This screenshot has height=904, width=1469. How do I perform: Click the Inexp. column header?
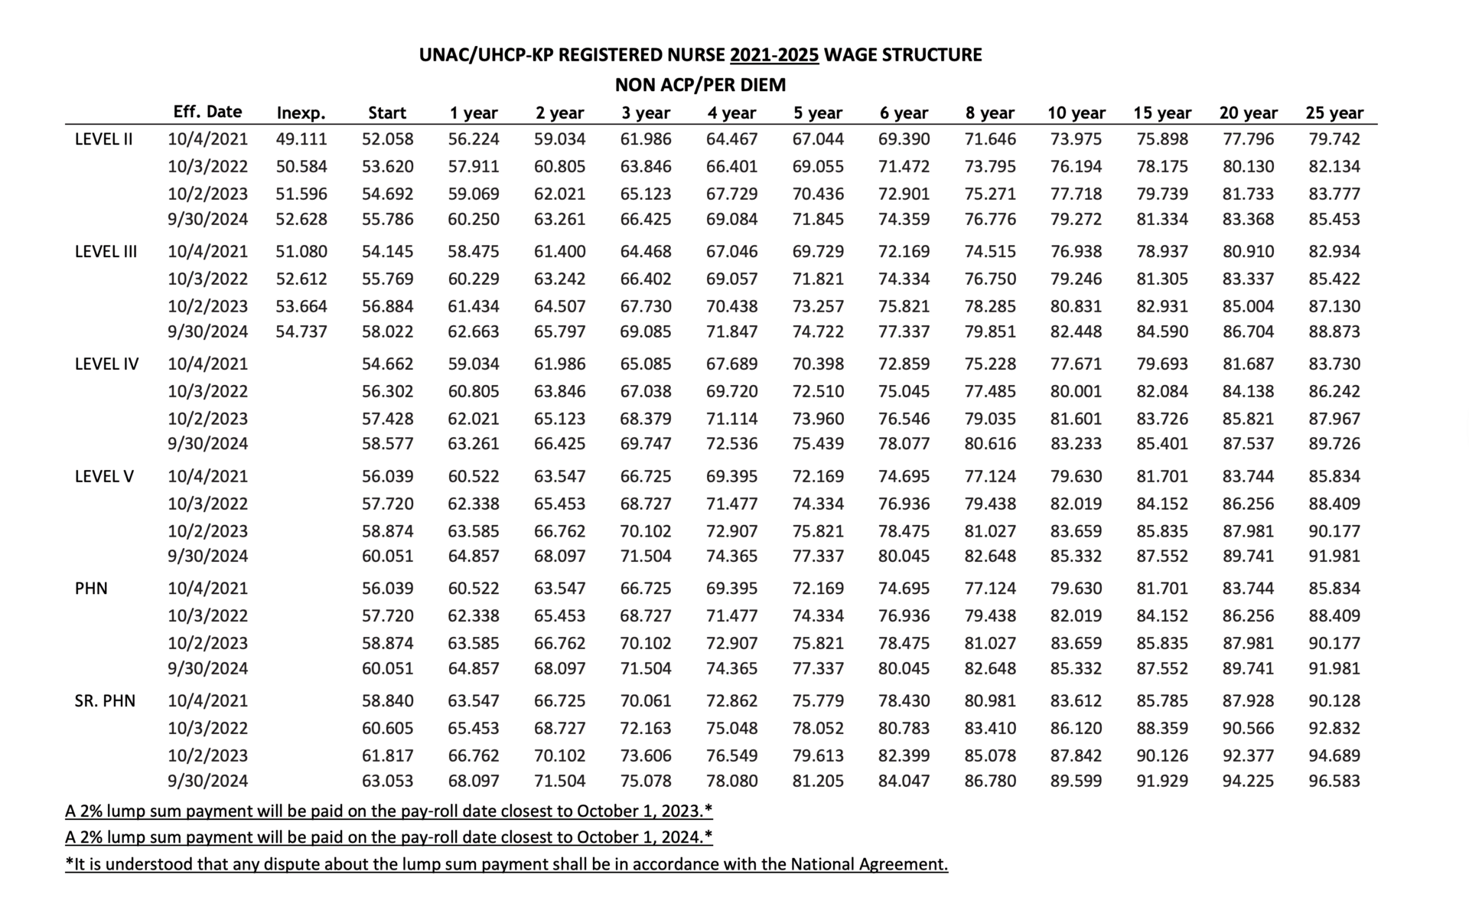(301, 113)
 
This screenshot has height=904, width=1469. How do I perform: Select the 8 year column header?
(989, 113)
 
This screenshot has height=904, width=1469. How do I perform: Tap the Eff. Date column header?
(207, 112)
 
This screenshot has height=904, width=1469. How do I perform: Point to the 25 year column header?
(1334, 113)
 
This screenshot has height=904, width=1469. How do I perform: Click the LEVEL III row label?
(106, 252)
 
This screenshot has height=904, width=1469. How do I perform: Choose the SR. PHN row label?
(105, 701)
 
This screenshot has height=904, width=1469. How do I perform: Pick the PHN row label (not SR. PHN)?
(91, 589)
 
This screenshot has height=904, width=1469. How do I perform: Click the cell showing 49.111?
(301, 139)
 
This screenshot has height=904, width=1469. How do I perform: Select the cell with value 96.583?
(1334, 782)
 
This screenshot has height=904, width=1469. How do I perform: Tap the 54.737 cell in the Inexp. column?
(301, 332)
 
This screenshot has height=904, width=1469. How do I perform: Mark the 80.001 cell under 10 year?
(1076, 392)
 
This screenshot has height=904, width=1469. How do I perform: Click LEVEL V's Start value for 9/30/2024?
(387, 556)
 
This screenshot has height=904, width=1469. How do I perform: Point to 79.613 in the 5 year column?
(818, 756)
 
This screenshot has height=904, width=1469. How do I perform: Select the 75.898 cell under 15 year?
(1161, 139)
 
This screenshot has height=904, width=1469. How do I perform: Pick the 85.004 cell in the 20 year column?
(1248, 307)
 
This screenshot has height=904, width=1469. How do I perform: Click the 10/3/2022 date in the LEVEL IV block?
(207, 392)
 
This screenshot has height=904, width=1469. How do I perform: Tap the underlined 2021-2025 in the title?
(774, 55)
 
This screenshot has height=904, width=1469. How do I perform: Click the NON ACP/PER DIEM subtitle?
(700, 85)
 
